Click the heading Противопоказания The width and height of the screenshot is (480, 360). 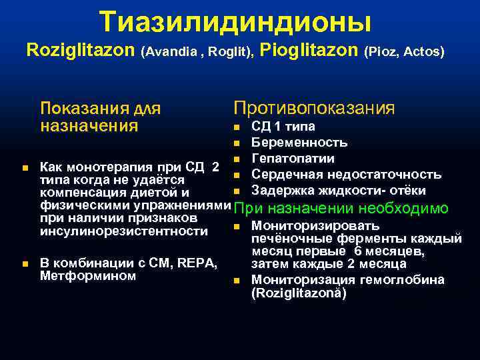[x=313, y=108]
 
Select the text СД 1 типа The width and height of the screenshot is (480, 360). [x=283, y=127]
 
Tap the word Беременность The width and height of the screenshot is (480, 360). [x=299, y=143]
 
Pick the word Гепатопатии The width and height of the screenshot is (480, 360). [x=293, y=159]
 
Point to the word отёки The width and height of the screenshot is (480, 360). [x=408, y=191]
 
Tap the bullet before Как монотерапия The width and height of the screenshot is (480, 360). [x=25, y=167]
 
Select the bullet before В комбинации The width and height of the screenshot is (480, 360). [x=25, y=265]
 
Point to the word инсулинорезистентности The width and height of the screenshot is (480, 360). [x=124, y=231]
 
